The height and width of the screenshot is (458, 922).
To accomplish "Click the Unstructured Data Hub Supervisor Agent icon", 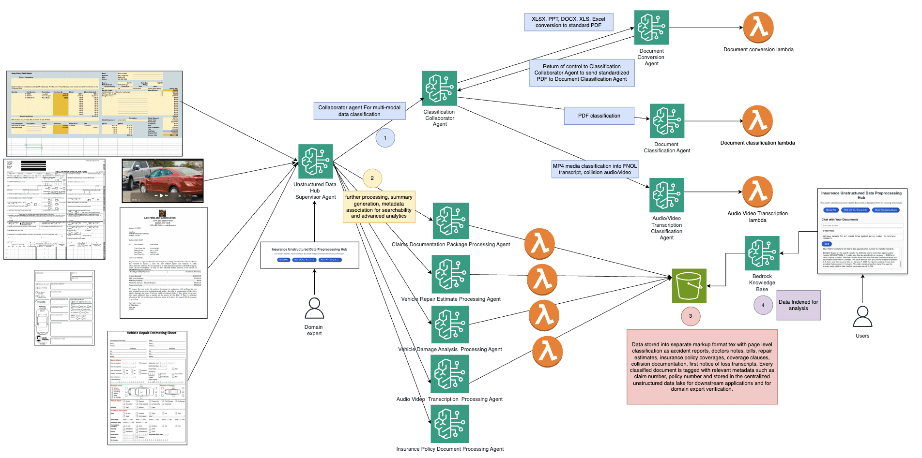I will (316, 162).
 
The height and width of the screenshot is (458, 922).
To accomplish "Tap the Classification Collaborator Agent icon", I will (440, 89).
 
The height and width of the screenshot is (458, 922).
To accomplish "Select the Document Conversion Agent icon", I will (651, 28).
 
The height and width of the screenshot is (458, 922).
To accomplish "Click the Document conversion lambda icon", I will (758, 28).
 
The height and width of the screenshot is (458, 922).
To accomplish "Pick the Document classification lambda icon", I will (757, 121).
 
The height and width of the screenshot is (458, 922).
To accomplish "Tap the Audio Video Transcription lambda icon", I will (757, 192).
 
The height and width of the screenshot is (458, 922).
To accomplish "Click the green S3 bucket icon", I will (689, 286).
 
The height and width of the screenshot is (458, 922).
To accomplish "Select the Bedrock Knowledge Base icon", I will (762, 253).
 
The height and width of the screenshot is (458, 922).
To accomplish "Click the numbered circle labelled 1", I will (385, 138).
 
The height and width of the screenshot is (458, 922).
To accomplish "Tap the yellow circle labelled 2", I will (372, 178).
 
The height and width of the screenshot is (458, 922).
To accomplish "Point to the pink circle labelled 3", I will (691, 316).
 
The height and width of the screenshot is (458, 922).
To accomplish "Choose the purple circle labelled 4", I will (763, 305).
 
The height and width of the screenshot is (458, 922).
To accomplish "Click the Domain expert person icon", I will (314, 308).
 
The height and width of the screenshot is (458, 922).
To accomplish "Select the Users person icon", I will (862, 317).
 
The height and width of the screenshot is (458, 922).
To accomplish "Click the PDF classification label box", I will (599, 116).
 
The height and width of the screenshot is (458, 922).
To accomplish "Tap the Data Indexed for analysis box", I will (799, 305).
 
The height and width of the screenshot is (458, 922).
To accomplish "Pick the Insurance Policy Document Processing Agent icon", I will (450, 424).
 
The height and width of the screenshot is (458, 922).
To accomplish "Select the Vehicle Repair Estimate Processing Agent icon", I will (451, 274).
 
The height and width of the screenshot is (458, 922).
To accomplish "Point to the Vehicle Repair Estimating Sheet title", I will (151, 333).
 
